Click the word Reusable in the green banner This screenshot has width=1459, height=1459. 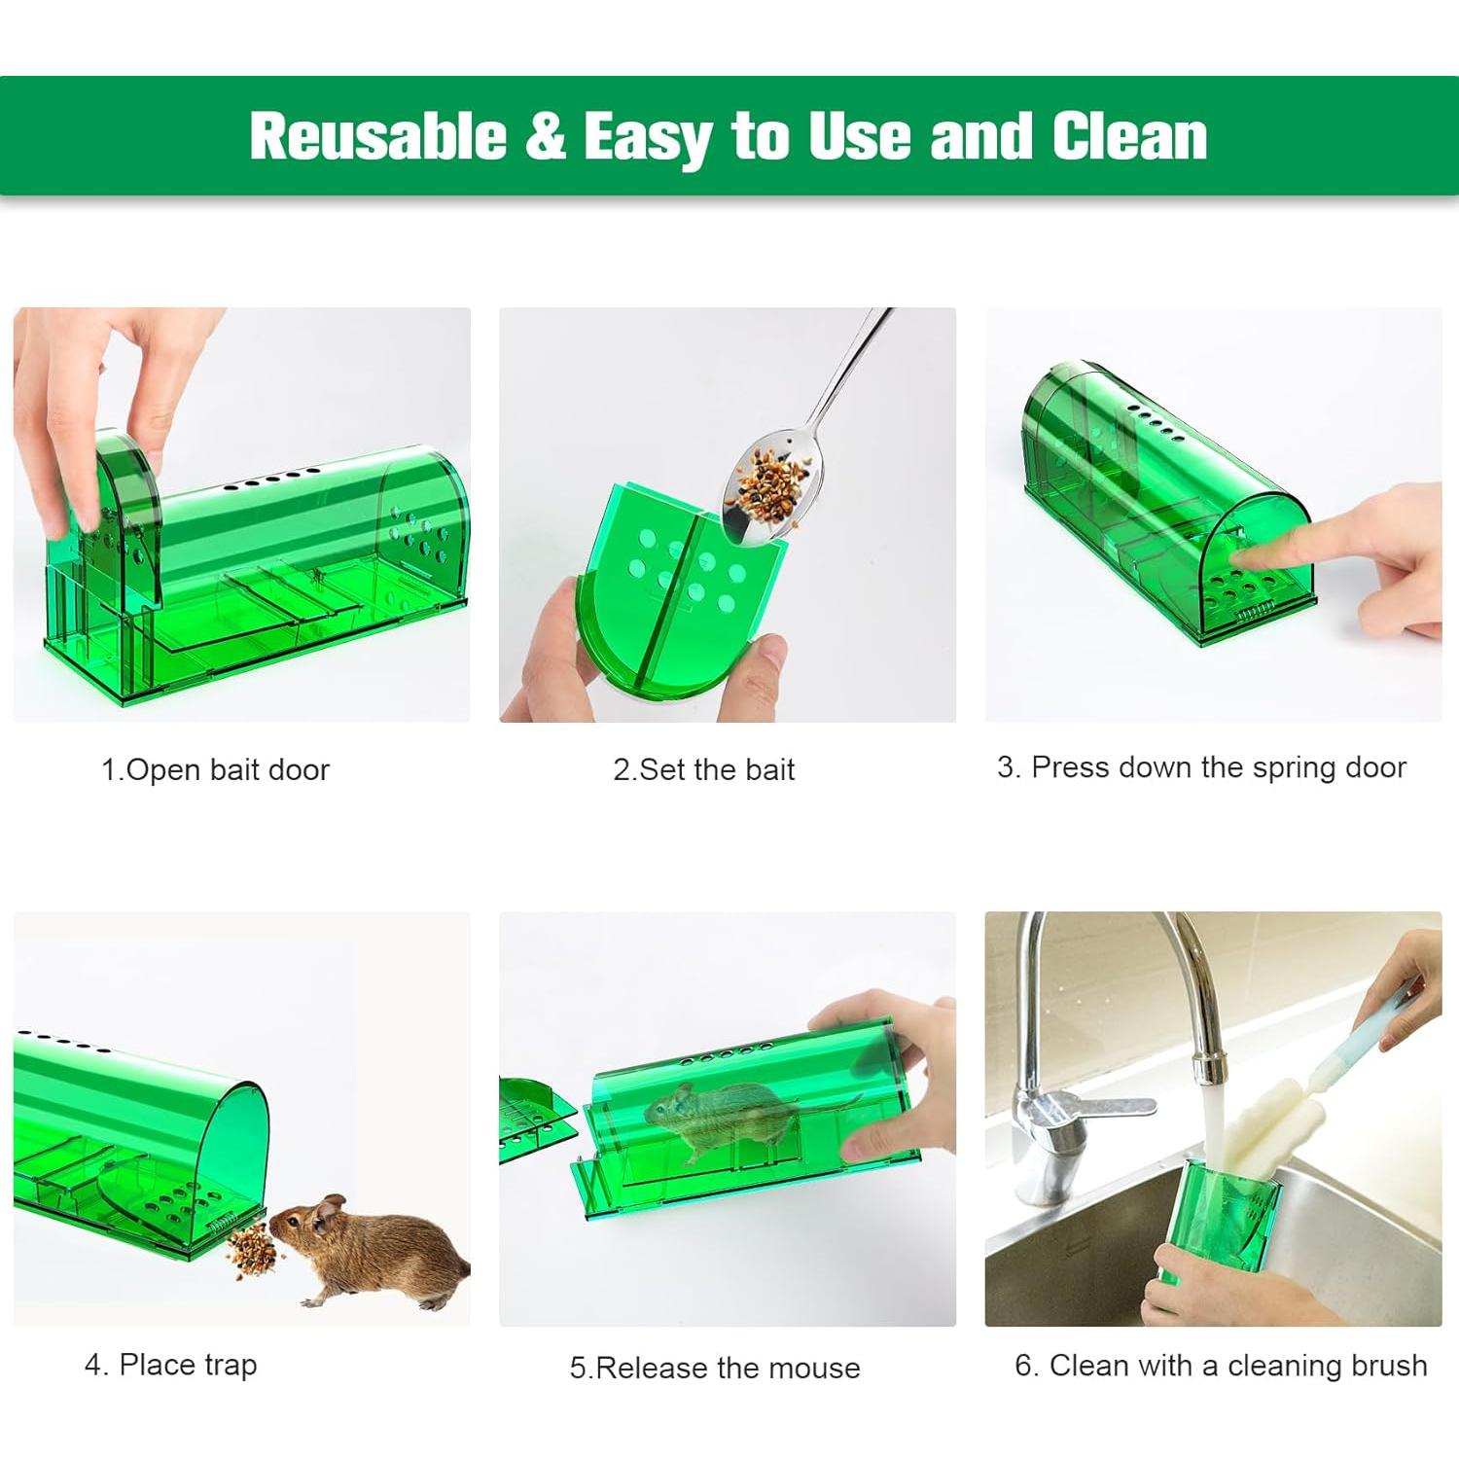coord(377,135)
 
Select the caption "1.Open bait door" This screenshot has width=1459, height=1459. coord(215,770)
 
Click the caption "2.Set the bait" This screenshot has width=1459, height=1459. coord(703,770)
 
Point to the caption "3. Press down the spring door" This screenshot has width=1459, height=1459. coord(1201,767)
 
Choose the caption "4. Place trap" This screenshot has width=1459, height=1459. coord(170,1365)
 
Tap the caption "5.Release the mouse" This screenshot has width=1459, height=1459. coord(715,1368)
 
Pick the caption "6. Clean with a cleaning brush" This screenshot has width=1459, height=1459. coord(1221,1366)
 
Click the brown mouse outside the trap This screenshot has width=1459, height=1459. coord(374,1250)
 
